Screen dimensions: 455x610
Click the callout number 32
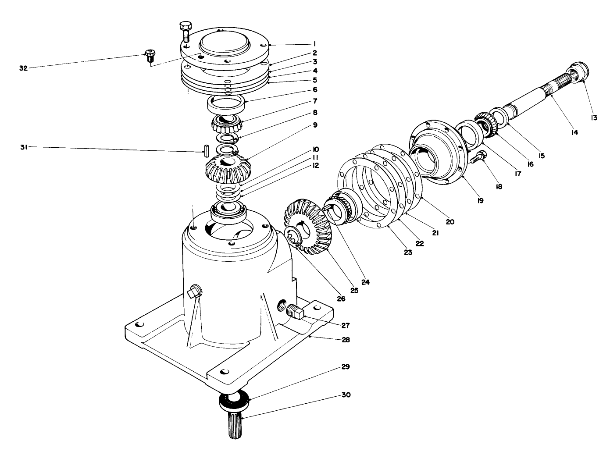click(x=23, y=68)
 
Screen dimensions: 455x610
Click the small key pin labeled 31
click(x=205, y=150)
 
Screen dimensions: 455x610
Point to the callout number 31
click(x=23, y=148)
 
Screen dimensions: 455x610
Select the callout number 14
click(x=574, y=132)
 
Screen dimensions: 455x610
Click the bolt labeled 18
click(x=478, y=157)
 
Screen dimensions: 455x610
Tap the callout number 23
click(x=408, y=252)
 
